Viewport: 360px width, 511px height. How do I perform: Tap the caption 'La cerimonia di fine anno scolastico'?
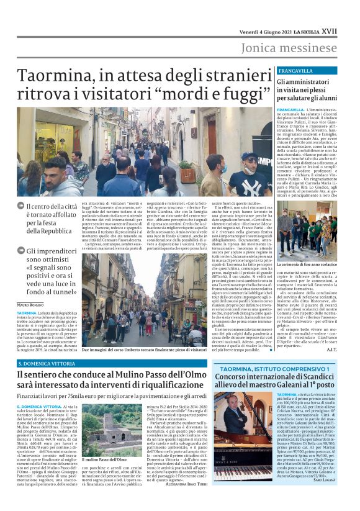tap(309, 264)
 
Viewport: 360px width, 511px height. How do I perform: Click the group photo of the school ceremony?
tap(308, 234)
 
